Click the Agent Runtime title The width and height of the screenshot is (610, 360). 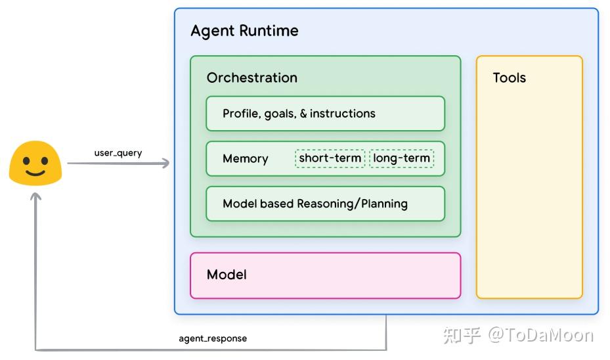coord(244,31)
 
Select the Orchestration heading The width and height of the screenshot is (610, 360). coord(251,78)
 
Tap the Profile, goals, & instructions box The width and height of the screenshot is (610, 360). coord(325,114)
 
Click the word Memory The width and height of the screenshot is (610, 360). coord(245,158)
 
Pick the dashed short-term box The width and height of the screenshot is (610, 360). coord(330,158)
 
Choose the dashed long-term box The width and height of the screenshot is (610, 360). coord(402,158)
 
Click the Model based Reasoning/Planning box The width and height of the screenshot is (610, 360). coord(325,204)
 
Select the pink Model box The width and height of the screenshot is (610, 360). coord(325,275)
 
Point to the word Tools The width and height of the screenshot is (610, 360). coord(509,78)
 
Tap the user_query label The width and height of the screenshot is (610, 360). coord(118,153)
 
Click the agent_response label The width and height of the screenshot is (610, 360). coord(213,339)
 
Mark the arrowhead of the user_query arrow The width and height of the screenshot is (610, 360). coord(165,163)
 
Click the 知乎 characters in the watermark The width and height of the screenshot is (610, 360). coord(462,335)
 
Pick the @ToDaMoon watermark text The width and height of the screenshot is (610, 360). coord(540,335)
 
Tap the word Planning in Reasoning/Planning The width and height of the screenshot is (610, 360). coord(384,204)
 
